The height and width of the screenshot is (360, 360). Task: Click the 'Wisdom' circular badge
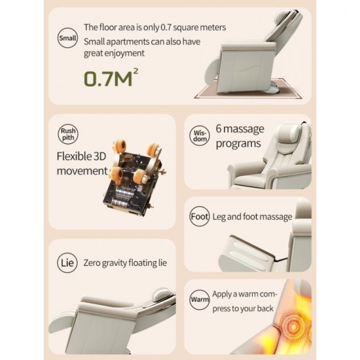[200, 134]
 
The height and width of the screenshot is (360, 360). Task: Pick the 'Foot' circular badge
[200, 217]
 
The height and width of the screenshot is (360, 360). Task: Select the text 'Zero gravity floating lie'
[125, 263]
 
